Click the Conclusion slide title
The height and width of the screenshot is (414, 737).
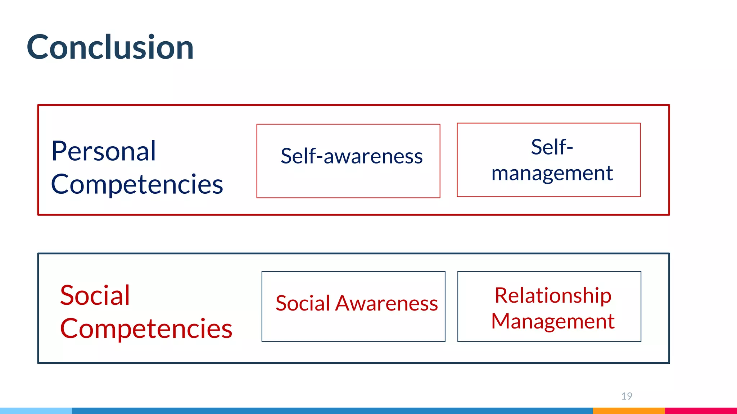110,47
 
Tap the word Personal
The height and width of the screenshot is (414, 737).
104,151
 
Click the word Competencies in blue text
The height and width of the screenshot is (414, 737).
137,184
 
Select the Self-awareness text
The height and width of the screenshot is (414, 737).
351,156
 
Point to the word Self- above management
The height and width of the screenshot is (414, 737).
552,147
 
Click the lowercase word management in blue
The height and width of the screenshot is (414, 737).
552,173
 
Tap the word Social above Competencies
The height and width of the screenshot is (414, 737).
95,295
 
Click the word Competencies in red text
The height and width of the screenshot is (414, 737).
146,329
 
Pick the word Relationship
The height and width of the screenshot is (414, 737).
553,296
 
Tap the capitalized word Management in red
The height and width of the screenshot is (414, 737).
553,321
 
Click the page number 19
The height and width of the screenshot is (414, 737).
627,396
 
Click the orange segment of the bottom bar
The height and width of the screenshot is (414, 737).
628,410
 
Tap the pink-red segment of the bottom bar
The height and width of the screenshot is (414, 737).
700,410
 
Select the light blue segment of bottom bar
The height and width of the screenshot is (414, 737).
36,410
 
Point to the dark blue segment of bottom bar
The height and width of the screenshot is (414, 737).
331,410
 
